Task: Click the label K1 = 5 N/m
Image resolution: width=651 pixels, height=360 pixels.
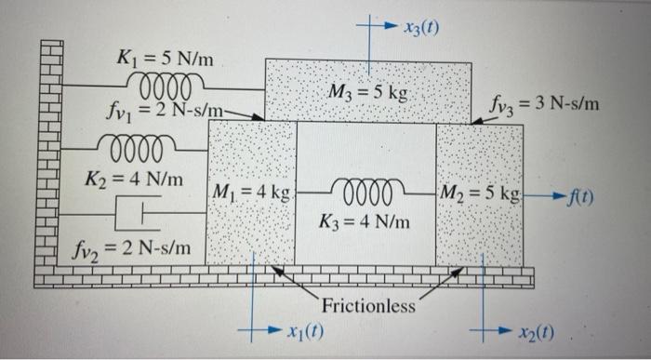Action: point(166,60)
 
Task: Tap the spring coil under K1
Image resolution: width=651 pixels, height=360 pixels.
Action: point(165,87)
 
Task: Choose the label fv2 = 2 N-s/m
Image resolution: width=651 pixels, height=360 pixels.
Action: point(132,247)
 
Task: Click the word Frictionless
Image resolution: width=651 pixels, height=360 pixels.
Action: point(369,306)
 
